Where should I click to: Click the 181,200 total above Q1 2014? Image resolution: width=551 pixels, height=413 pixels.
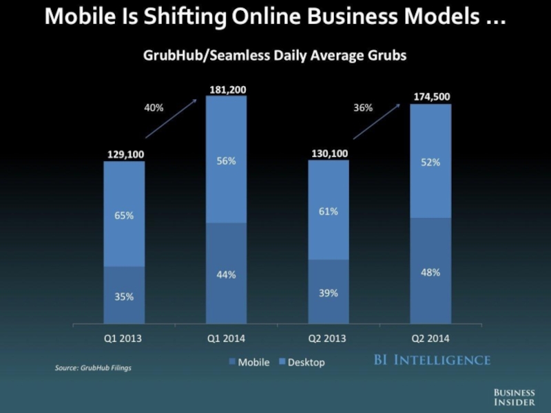click(x=227, y=89)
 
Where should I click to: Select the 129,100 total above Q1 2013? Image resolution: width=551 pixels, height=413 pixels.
click(x=125, y=155)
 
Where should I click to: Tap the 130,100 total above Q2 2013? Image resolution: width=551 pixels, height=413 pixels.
click(x=329, y=153)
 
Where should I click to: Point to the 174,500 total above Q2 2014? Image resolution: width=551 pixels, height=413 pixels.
click(x=432, y=98)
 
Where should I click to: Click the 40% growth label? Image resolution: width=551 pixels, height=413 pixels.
click(x=154, y=107)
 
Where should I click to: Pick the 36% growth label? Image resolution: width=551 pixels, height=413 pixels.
click(x=363, y=107)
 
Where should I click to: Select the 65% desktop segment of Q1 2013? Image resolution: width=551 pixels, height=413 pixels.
click(x=125, y=215)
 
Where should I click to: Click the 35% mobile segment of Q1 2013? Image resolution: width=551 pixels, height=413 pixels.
click(x=125, y=296)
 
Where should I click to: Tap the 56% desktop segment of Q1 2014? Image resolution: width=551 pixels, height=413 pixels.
click(x=227, y=160)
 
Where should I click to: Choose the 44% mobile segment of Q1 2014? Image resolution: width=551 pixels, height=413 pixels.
click(x=227, y=275)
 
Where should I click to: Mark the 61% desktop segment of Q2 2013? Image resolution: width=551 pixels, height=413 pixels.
click(x=329, y=211)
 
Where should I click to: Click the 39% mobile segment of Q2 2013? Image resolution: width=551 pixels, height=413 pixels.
click(x=329, y=293)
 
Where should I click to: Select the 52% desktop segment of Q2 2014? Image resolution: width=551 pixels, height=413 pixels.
click(x=431, y=162)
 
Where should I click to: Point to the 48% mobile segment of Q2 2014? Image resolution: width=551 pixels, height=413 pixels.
click(x=431, y=272)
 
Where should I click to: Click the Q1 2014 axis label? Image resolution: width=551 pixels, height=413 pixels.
click(x=227, y=339)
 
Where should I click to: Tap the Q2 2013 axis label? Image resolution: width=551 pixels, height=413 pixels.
click(x=329, y=339)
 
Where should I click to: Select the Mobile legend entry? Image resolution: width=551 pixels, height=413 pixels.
click(x=249, y=362)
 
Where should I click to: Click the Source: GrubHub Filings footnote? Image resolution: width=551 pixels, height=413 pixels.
click(x=93, y=368)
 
